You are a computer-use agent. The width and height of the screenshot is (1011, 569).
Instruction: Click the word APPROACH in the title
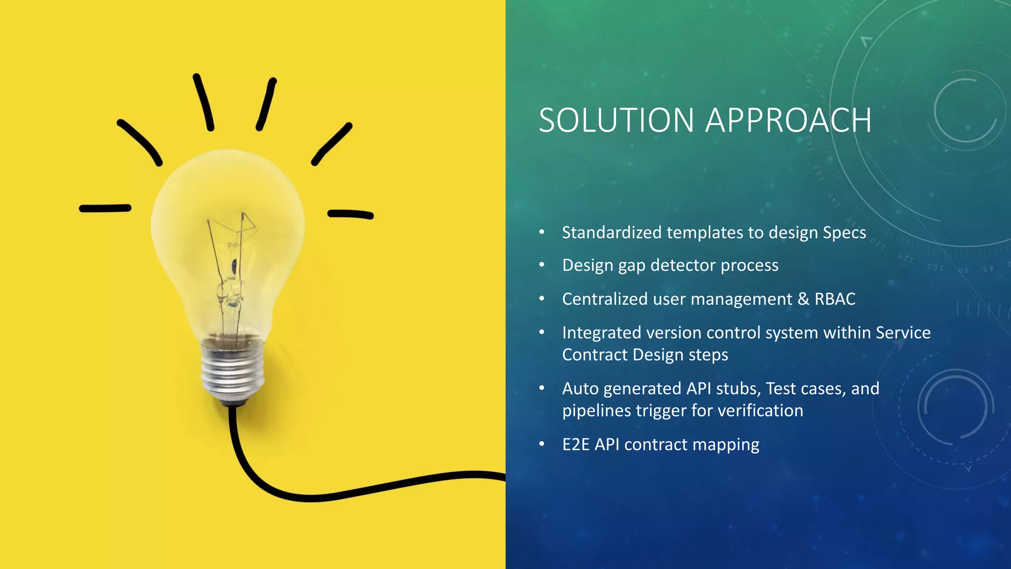(788, 121)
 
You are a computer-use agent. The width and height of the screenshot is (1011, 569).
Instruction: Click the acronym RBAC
(835, 299)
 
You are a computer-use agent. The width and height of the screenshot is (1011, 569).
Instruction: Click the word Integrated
(601, 332)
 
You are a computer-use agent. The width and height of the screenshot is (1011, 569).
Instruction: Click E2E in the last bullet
(576, 445)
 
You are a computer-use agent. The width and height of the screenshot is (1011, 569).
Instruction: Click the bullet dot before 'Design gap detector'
(542, 265)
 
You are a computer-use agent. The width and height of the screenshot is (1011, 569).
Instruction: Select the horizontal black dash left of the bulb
(105, 208)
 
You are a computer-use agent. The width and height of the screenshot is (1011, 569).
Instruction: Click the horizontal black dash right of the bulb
(350, 214)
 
